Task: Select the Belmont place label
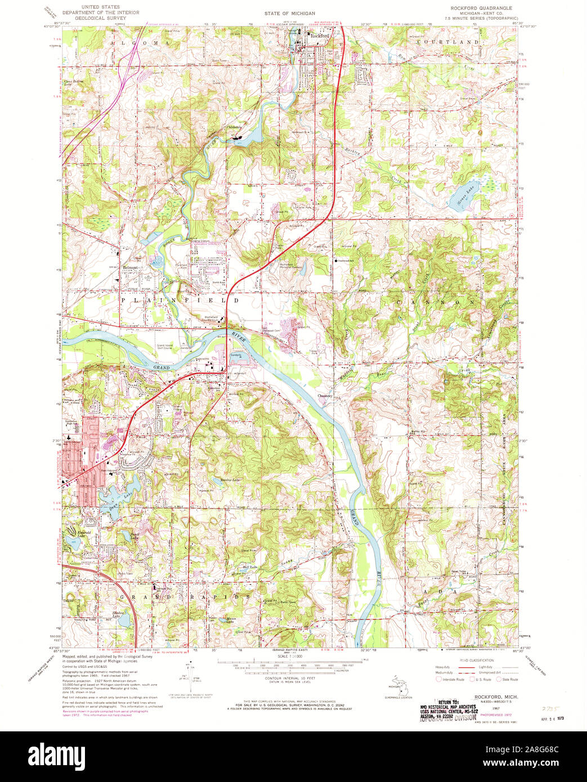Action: coord(131,268)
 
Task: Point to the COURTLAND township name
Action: coord(448,42)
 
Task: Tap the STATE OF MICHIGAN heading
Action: coord(290,12)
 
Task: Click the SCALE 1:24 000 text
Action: coord(291,657)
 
